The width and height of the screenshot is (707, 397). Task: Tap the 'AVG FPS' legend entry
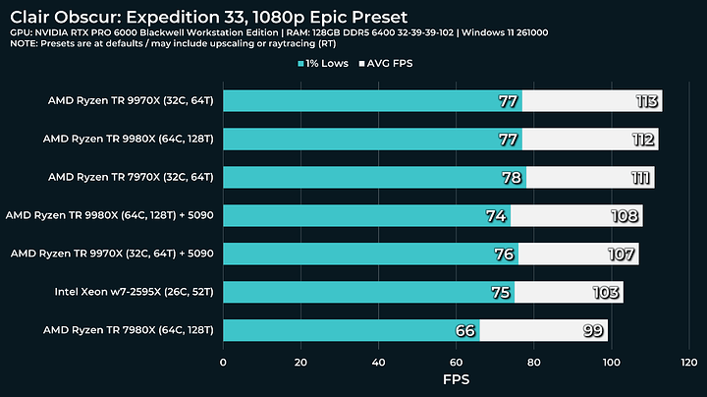[394, 64]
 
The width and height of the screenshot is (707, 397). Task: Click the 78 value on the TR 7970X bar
[511, 178]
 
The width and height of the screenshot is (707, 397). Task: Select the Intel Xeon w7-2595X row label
[134, 292]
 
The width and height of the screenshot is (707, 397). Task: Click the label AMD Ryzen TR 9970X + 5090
[111, 254]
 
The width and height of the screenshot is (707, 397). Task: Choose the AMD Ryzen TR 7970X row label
[130, 178]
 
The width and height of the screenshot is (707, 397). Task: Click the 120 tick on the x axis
[688, 363]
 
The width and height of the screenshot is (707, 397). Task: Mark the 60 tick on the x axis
[456, 363]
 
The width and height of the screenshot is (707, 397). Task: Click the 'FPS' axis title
[456, 380]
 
